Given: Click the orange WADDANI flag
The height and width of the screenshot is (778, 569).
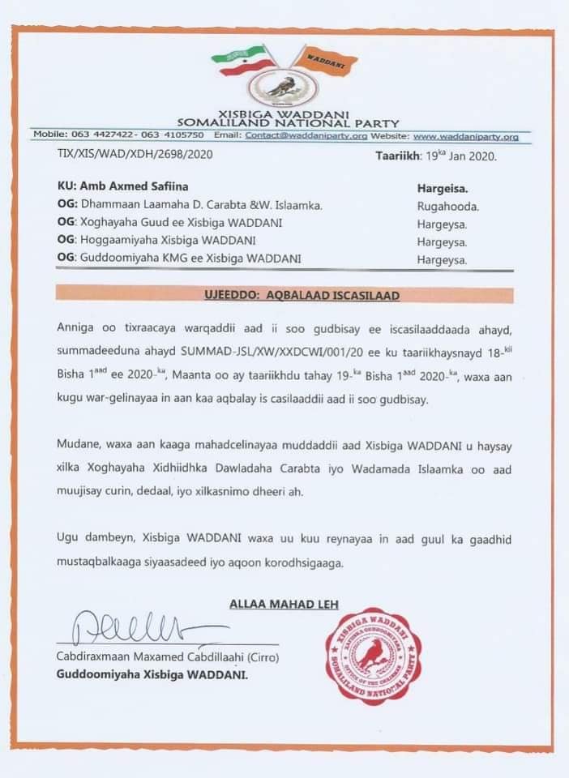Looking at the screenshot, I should tap(325, 61).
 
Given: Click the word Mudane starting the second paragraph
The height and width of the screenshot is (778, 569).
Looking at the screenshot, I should tap(79, 445).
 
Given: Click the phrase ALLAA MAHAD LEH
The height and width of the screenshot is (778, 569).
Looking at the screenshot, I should tap(284, 604).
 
